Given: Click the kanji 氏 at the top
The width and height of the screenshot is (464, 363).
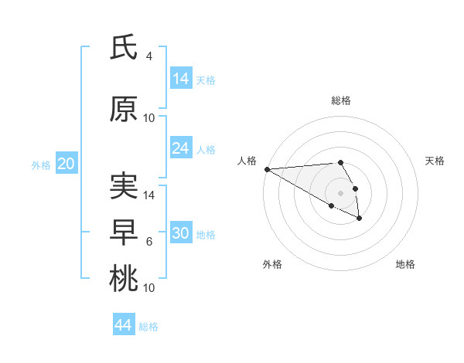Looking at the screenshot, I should click(x=124, y=48).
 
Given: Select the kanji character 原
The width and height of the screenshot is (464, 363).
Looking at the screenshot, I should click(x=124, y=110).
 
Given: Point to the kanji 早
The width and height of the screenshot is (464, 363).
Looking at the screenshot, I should click(x=124, y=232).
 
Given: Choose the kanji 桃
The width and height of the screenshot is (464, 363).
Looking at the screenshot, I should click(x=124, y=278).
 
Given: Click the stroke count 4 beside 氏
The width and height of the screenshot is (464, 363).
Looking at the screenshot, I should click(x=149, y=56).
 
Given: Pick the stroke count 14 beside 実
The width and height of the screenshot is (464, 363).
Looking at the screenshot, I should click(x=150, y=195).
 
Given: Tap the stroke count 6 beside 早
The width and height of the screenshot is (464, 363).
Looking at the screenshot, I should click(x=149, y=242).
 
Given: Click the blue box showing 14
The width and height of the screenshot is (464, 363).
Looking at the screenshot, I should click(x=181, y=79).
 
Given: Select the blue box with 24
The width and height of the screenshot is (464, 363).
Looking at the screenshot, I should click(x=181, y=148).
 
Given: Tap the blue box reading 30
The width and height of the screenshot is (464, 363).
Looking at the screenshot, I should click(x=181, y=233).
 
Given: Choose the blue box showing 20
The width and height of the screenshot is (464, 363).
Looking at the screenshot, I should click(x=67, y=164).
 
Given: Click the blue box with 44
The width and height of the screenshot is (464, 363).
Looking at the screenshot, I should click(x=124, y=325).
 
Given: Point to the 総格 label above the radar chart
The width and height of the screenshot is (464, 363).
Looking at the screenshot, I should click(x=341, y=100).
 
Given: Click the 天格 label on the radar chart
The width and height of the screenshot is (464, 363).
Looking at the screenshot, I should click(x=435, y=161).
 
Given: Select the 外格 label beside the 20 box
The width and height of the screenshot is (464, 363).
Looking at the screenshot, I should click(x=41, y=165).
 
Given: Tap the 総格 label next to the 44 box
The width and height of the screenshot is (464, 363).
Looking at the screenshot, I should click(x=148, y=326).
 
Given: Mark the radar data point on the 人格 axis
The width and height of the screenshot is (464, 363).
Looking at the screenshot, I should click(x=267, y=169).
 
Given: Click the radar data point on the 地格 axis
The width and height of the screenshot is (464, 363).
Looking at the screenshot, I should click(x=360, y=219).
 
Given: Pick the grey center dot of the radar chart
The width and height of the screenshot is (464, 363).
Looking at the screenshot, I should click(x=340, y=193).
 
